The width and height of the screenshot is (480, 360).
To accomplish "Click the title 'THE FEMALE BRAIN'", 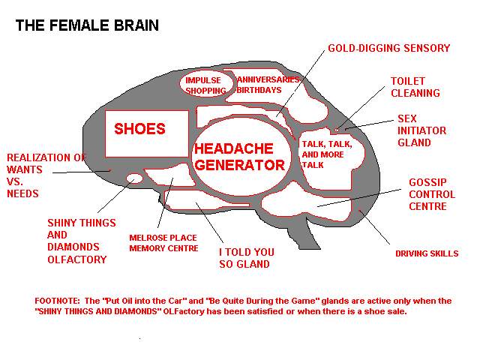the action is [87, 25].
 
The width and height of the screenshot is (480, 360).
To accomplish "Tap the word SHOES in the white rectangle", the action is [139, 128].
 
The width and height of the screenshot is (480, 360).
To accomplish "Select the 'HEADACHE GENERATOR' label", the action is [240, 157].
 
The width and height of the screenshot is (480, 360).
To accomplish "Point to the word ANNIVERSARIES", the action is [268, 79].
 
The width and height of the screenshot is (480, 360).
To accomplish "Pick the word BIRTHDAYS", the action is [259, 90].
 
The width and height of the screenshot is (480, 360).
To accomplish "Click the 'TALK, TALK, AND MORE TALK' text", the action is [327, 154].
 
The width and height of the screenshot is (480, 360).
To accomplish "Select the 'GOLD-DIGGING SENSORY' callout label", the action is [388, 48].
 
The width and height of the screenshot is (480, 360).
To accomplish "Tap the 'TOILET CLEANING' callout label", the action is [415, 87].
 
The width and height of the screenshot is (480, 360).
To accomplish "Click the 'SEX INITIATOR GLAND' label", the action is [421, 130].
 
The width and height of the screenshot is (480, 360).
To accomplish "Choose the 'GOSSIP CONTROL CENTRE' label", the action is [432, 194].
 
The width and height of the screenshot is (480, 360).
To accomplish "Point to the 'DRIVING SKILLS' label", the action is [427, 253].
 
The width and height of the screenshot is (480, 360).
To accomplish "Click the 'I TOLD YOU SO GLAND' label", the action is [247, 258].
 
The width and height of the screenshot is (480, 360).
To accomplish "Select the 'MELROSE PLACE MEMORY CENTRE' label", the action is [163, 243].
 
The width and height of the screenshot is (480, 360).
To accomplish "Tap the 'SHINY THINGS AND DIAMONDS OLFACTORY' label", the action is [82, 241].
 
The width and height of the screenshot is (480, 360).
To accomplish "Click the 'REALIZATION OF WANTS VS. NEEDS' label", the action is [46, 175].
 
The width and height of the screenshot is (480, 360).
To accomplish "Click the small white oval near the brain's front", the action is [134, 178].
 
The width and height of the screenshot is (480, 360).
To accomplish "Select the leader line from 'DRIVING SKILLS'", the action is [374, 227].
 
